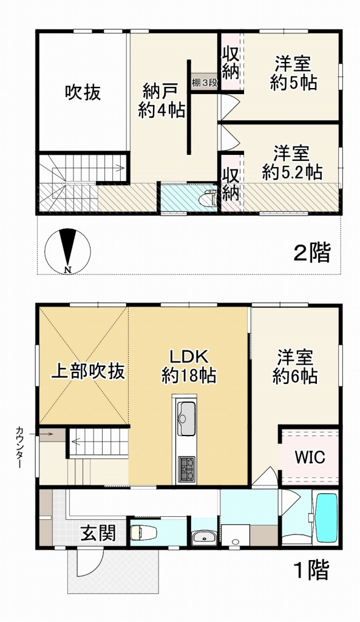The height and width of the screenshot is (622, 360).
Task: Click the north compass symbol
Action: click(67, 250)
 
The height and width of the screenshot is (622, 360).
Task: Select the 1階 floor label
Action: click(311, 571)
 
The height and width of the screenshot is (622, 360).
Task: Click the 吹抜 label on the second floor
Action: click(83, 93)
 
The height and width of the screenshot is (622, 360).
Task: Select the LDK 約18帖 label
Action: click(189, 365)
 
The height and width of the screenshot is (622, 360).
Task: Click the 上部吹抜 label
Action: click(84, 371)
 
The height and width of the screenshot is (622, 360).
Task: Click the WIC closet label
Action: click(310, 457)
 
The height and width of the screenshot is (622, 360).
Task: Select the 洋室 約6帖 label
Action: click(295, 366)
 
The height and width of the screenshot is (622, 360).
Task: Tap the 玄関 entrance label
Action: click(98, 534)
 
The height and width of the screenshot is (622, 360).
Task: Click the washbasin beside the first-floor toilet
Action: click(203, 536)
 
